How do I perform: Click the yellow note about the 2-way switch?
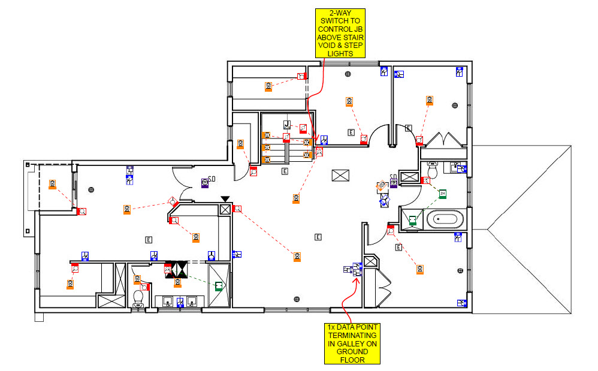click(341, 33)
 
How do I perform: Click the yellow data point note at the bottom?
click(352, 343)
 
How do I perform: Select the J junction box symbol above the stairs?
click(287, 125)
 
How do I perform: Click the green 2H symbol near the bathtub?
click(442, 194)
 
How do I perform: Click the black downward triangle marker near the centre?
click(225, 199)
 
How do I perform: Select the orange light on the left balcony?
click(53, 184)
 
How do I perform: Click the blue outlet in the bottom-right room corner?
click(461, 303)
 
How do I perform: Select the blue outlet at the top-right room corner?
click(460, 71)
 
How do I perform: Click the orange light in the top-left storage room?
click(269, 87)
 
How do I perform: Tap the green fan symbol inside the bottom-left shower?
click(219, 286)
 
